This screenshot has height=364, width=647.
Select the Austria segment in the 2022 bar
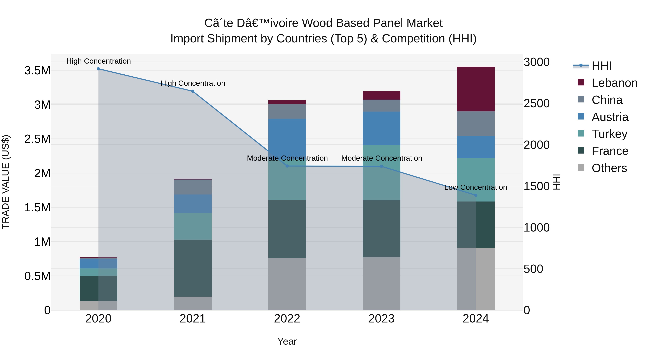[287, 136]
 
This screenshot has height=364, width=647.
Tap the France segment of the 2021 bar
[193, 268]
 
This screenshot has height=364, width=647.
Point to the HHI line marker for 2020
[98, 69]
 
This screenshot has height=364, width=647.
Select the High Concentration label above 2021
[193, 83]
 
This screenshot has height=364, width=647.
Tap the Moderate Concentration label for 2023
[381, 158]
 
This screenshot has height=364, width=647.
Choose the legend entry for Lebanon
[614, 83]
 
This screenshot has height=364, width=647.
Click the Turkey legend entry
[609, 134]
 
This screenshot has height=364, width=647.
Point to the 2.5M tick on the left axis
[37, 139]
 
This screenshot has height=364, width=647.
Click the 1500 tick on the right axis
[536, 186]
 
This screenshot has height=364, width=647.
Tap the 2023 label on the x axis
[381, 319]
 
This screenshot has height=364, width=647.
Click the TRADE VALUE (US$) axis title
[6, 182]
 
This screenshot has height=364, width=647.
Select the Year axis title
[287, 341]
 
